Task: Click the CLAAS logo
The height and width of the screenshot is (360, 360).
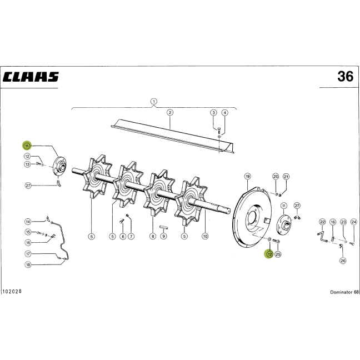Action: [31, 77]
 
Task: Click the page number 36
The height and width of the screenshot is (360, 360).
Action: [346, 77]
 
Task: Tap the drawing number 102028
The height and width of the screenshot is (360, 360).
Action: [12, 291]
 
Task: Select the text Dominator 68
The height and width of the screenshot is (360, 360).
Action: [344, 292]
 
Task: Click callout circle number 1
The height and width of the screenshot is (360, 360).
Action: [154, 101]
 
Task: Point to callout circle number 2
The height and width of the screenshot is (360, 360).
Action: [170, 112]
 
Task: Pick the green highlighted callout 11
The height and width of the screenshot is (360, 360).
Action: [27, 146]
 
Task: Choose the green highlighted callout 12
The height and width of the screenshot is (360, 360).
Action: [269, 254]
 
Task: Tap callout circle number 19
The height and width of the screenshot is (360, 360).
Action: [248, 176]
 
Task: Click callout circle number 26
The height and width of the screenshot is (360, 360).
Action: [343, 261]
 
